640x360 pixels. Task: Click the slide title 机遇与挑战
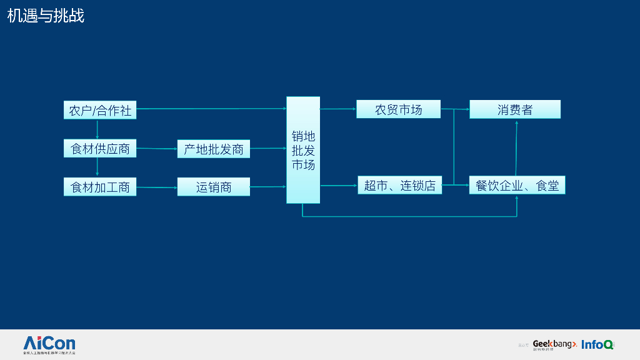[x=46, y=16]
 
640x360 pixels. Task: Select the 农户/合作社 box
[x=100, y=110]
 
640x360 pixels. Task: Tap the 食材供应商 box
[x=100, y=149]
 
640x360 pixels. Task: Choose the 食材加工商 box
[x=100, y=187]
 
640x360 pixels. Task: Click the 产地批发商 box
[x=213, y=149]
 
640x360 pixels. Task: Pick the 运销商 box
[x=213, y=187]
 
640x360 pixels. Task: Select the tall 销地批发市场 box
[x=303, y=150]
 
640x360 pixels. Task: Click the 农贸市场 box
[x=398, y=109]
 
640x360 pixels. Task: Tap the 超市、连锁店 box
[x=399, y=186]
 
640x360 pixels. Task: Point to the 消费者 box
[x=515, y=109]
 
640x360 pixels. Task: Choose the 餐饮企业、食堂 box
[x=517, y=186]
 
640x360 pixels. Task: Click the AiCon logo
[x=49, y=344]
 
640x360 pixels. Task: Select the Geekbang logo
[x=554, y=344]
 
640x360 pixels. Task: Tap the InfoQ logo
[x=597, y=344]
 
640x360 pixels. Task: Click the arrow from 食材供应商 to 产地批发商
[x=157, y=149]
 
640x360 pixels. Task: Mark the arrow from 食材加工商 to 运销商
[x=157, y=187]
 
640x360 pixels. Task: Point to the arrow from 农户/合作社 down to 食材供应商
[x=97, y=129]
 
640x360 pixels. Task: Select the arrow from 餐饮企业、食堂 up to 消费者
[x=516, y=147]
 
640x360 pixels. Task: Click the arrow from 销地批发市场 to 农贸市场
[x=337, y=109]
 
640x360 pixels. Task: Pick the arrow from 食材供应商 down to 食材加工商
[x=97, y=167]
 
